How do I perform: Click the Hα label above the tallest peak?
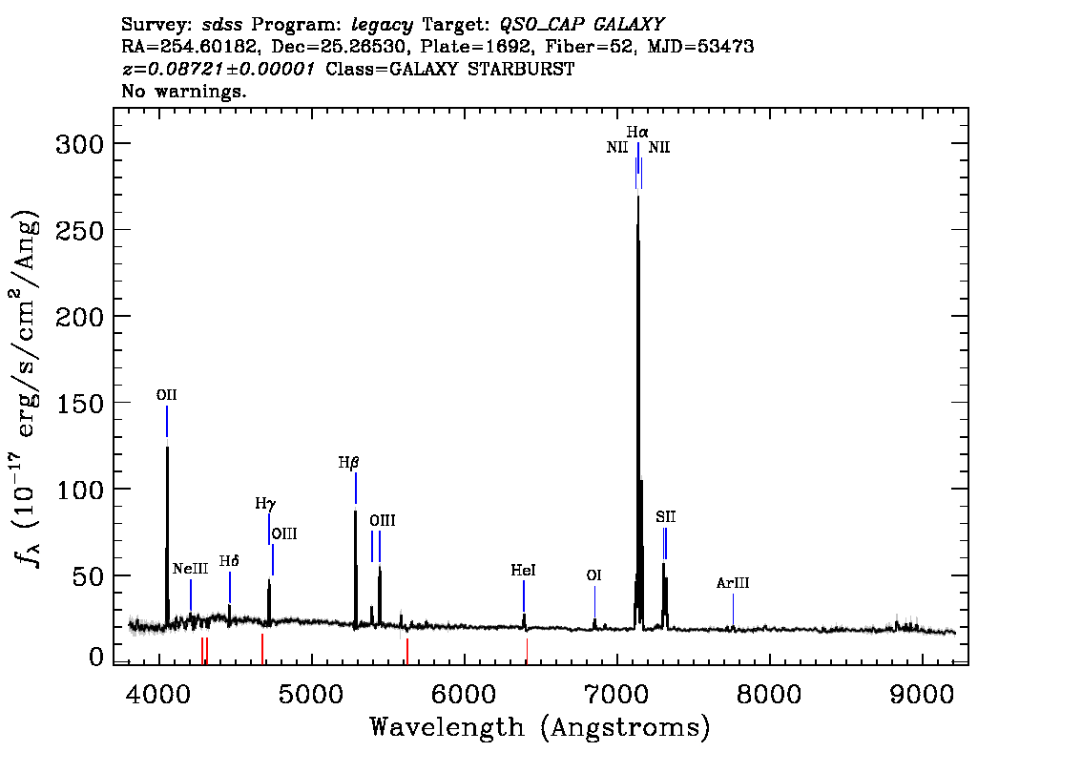point(637,131)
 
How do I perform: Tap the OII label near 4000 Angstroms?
point(166,395)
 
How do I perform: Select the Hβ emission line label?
point(348,463)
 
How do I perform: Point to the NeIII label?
point(191,569)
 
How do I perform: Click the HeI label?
point(523,570)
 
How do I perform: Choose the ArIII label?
point(733,583)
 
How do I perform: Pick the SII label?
point(666,517)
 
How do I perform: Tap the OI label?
point(594,575)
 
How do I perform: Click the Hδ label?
point(229,561)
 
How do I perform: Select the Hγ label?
point(265,503)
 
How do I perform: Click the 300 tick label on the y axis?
point(79,144)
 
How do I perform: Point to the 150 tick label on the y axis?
point(79,403)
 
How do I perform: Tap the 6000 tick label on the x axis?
point(464,695)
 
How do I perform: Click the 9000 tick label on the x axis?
point(921,695)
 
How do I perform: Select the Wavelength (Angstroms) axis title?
point(540,727)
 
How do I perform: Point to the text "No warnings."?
point(183,91)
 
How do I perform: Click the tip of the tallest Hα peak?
point(638,196)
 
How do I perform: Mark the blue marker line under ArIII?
point(733,609)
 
